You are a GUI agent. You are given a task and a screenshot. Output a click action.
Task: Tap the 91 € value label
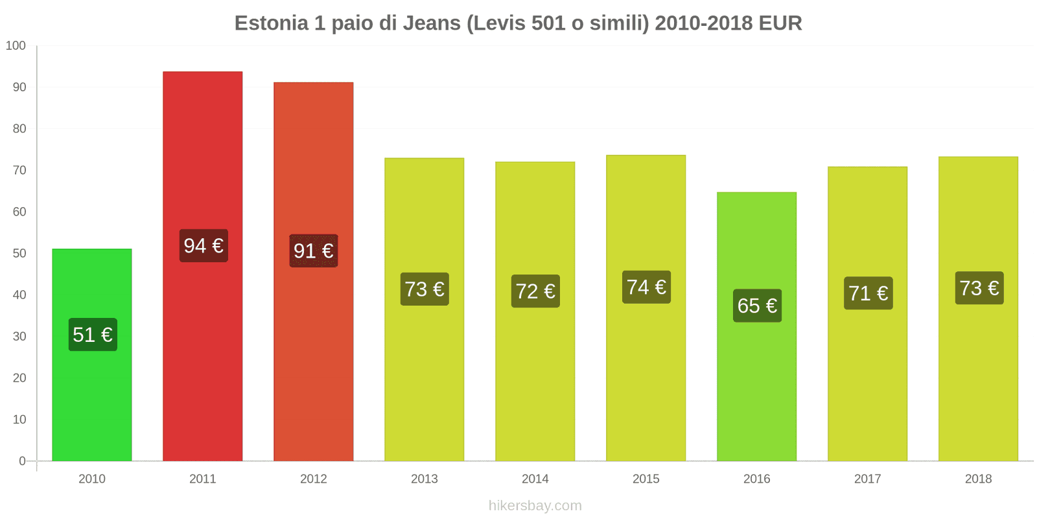(314, 251)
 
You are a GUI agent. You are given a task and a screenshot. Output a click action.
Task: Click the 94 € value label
(204, 246)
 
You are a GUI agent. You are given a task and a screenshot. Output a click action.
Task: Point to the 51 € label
(93, 335)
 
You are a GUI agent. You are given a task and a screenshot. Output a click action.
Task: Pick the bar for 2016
(757, 388)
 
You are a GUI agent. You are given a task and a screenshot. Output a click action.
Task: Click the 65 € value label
(757, 306)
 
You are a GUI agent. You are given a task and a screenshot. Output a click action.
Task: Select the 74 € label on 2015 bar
(646, 287)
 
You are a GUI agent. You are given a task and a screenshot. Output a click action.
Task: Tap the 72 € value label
(535, 291)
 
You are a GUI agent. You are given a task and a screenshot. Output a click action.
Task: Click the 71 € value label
(868, 293)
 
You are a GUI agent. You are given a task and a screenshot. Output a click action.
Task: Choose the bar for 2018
(978, 388)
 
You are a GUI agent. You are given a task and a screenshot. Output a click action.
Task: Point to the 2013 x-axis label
(425, 479)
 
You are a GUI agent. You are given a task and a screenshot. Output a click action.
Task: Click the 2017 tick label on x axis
(867, 479)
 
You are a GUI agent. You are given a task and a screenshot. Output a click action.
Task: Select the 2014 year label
(535, 479)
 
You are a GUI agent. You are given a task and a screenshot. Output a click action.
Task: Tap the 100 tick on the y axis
(16, 46)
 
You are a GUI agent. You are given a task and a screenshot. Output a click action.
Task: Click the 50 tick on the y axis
(19, 253)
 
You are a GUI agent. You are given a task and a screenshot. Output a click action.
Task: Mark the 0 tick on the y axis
(22, 461)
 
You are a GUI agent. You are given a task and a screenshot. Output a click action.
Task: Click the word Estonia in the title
(272, 23)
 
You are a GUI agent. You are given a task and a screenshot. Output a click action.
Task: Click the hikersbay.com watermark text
(535, 506)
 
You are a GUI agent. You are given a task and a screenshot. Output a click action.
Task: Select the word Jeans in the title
(432, 23)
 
